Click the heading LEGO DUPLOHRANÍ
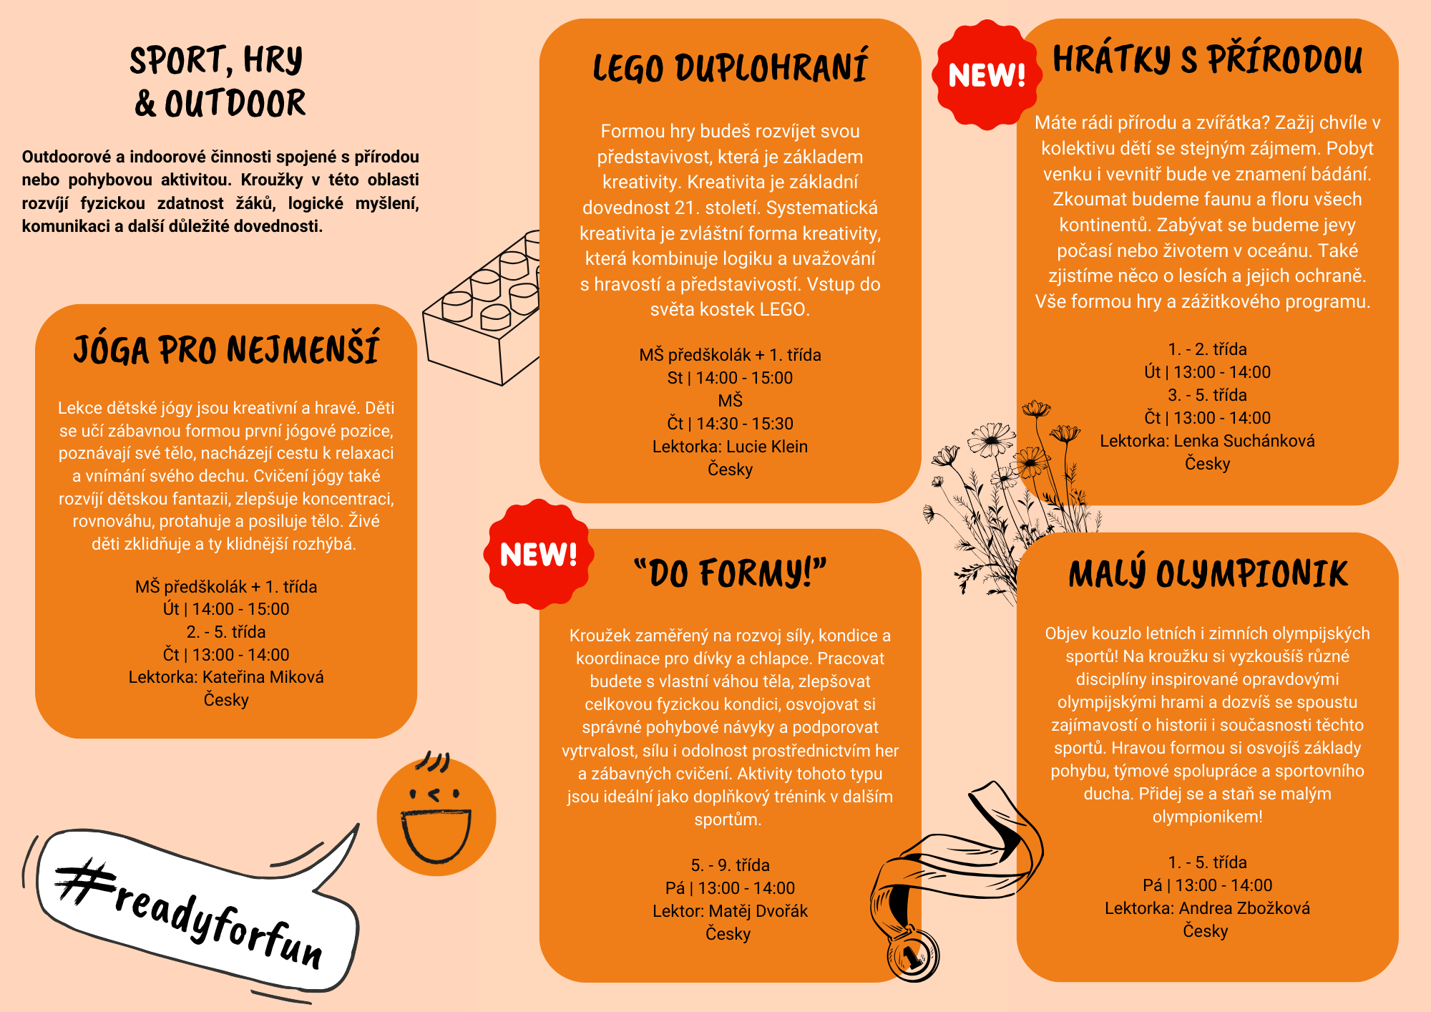(x=730, y=68)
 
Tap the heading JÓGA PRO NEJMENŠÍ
(x=226, y=350)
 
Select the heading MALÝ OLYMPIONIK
(x=1208, y=574)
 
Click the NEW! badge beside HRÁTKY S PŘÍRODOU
(x=987, y=75)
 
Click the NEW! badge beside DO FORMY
(x=538, y=555)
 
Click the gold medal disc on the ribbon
(x=913, y=955)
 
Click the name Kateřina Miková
(x=263, y=677)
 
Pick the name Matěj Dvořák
(x=758, y=911)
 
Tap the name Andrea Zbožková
(x=1244, y=908)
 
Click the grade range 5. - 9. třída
(x=730, y=865)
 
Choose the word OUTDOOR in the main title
(x=235, y=104)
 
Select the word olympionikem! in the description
(x=1207, y=817)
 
